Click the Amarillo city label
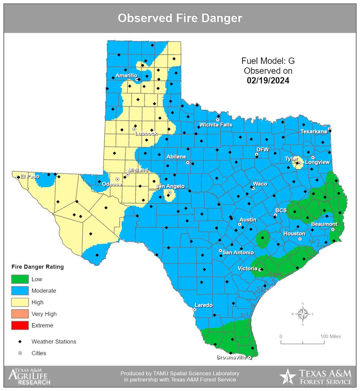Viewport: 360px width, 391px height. [126, 76]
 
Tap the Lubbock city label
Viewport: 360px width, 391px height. [146, 133]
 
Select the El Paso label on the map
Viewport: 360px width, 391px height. [30, 176]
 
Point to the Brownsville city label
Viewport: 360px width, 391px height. [231, 357]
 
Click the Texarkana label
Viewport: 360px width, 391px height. [313, 132]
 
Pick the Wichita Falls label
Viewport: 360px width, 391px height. [216, 125]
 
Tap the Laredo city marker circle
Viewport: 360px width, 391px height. [195, 310]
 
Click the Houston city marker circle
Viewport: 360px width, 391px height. [300, 239]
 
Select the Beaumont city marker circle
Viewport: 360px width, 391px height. [333, 229]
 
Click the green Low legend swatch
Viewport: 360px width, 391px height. [20, 279]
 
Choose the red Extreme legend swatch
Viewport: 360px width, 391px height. [20, 326]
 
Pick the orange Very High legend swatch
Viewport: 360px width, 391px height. [20, 314]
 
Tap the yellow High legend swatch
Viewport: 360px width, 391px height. [20, 302]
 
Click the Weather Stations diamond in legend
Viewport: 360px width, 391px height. [20, 341]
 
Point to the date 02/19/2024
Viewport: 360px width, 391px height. [268, 80]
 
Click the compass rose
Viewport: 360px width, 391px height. [303, 314]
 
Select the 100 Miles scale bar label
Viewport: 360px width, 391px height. [330, 336]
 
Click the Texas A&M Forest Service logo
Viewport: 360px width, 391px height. [316, 377]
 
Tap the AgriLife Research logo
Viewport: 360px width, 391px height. [29, 377]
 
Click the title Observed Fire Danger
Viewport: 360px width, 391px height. [180, 18]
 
